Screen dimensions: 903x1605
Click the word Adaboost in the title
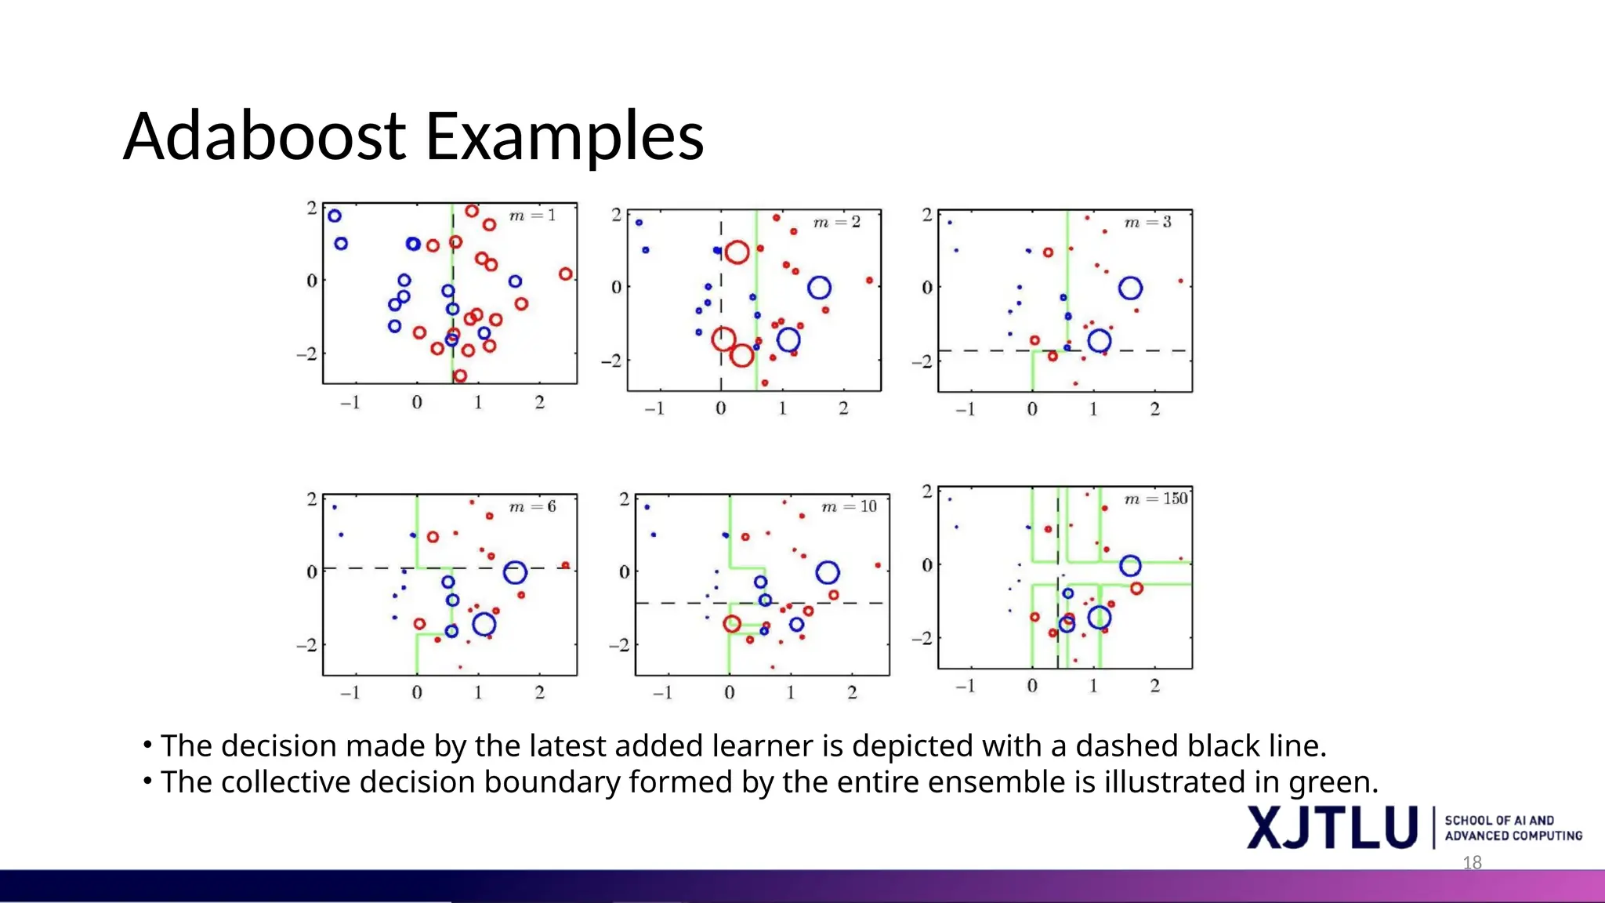265,136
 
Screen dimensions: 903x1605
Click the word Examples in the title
564,138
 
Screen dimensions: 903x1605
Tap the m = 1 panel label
532,216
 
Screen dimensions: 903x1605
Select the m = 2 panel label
836,223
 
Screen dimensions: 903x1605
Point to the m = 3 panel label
1147,223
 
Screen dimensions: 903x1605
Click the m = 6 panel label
532,507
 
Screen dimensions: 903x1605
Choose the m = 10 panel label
848,507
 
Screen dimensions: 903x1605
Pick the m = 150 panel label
1155,499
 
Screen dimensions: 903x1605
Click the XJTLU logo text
1331,828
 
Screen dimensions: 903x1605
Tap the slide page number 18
1472,863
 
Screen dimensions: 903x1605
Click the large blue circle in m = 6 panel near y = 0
514,573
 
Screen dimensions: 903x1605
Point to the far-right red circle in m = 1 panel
566,274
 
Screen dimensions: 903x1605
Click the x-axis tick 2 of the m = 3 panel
1154,409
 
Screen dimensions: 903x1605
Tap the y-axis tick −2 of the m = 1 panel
306,354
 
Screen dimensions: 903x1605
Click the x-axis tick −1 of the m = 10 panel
662,693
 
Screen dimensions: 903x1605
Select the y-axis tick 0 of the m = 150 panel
927,565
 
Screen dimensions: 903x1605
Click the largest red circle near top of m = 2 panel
737,252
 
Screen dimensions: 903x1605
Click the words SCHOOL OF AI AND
1498,821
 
